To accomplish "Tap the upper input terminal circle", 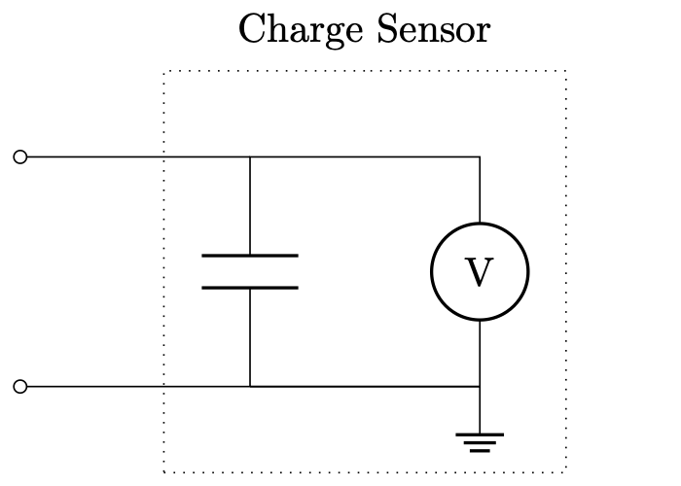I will point(19,156).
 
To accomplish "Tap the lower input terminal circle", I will point(19,387).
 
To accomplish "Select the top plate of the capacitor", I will point(250,256).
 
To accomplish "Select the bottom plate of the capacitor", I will point(250,288).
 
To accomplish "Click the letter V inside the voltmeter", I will point(480,273).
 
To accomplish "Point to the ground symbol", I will point(480,442).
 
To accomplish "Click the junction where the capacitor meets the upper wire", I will point(250,156).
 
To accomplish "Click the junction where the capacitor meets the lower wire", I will point(250,387).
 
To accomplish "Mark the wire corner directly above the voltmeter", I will point(480,156).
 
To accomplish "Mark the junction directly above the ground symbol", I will point(480,387).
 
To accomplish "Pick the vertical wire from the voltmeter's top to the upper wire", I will point(480,190).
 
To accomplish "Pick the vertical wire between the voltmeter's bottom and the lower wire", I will point(480,353).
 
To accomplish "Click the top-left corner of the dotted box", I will point(164,71).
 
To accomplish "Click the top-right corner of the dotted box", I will point(566,71).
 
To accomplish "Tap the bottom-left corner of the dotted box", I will point(164,471).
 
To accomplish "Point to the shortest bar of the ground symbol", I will point(480,451).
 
